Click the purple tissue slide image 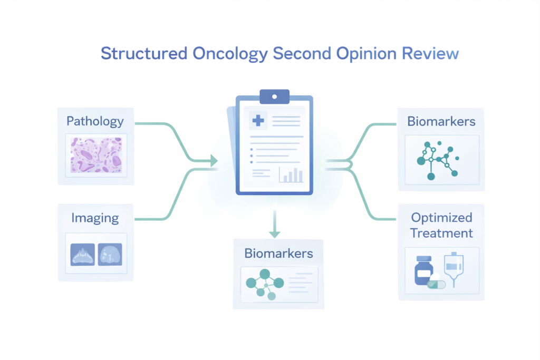point(96,155)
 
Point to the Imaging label point(95,218)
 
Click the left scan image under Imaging point(83,254)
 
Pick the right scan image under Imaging point(110,254)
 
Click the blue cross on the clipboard point(258,121)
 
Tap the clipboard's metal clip point(274,96)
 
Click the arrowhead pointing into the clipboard point(214,160)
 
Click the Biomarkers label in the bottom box point(278,253)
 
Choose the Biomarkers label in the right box point(441,121)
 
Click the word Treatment point(441,232)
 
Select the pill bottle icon point(423,271)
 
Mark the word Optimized point(441,217)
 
